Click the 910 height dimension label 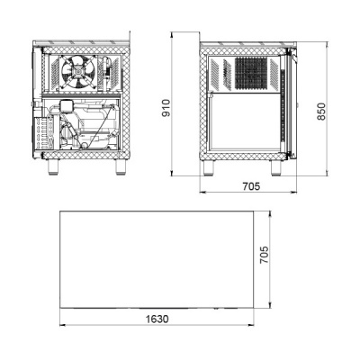pos(166,108)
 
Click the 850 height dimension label pos(321,112)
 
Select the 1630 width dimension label pos(157,319)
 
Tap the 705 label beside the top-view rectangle pos(264,255)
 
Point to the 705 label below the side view pos(251,186)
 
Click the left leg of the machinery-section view pos(54,166)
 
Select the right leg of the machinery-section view pos(121,166)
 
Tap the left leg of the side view pos(209,167)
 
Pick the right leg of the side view pos(276,167)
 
